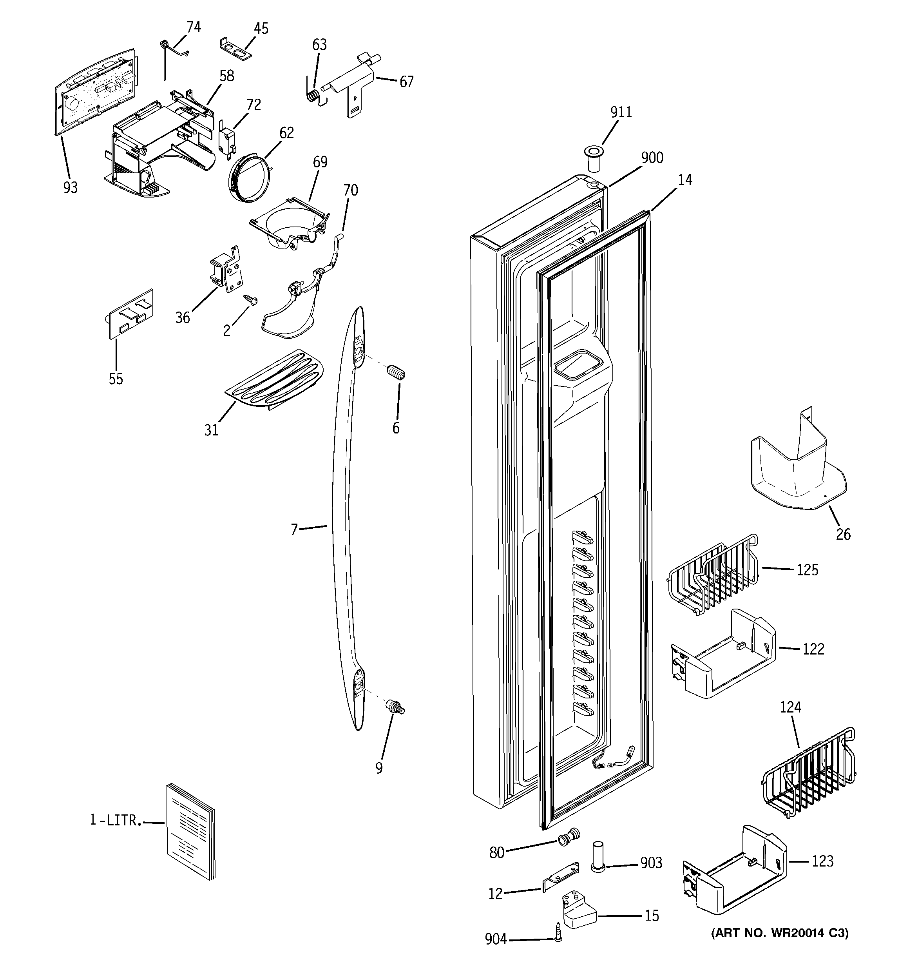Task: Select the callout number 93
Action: tap(70, 187)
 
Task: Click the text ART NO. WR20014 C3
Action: tap(780, 934)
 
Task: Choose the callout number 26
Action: tap(843, 535)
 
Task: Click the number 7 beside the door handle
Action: tap(294, 529)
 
